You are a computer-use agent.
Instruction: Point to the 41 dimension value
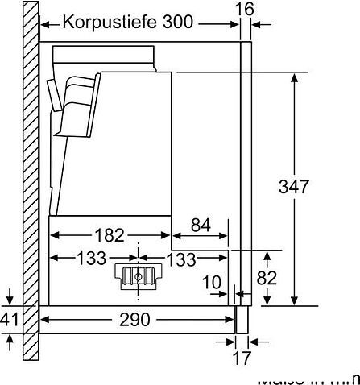[9, 319]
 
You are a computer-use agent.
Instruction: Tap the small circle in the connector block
[139, 275]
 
